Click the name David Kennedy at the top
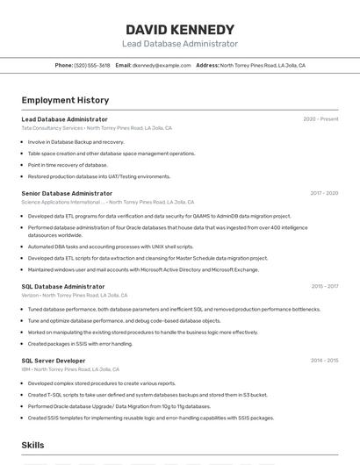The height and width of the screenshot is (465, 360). (179, 30)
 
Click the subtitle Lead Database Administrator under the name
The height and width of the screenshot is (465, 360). (179, 44)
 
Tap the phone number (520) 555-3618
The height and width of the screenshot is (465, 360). (92, 65)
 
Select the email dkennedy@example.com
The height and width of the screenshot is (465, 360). (162, 65)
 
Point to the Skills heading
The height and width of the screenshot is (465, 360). (32, 446)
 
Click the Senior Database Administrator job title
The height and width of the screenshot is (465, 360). (67, 193)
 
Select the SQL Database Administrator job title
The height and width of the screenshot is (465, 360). (63, 286)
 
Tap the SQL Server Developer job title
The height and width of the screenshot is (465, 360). (54, 361)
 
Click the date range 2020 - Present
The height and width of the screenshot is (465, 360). (320, 119)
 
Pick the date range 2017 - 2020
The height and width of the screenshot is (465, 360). (324, 193)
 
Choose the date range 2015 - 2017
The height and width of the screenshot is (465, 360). (324, 286)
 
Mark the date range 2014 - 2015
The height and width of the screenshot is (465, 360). (324, 361)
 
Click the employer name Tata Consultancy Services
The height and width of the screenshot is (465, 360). (52, 128)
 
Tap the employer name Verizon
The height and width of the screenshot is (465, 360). (30, 295)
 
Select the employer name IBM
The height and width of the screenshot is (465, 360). (25, 369)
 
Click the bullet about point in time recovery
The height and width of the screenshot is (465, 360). (68, 165)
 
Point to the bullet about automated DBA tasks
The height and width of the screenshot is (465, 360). (110, 247)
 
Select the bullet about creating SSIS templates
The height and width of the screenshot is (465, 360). (150, 418)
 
